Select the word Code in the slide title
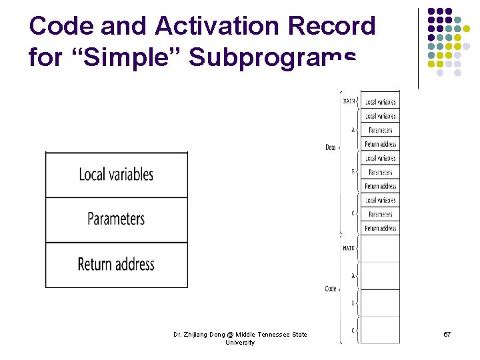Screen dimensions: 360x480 coord(61,26)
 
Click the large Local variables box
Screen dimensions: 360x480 coord(116,175)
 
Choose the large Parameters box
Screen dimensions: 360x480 coord(116,219)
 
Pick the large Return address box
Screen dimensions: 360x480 coord(116,265)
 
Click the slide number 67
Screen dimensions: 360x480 coord(447,334)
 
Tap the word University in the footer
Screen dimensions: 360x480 coord(239,343)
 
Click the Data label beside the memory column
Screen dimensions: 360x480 coord(330,147)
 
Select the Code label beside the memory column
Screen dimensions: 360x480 coord(330,289)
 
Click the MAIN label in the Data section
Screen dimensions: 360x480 coord(349,102)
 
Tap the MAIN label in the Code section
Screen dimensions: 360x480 coord(349,248)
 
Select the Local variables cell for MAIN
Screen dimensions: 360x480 coord(380,102)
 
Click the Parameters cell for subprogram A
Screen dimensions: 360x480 coord(380,130)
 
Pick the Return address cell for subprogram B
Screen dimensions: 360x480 coord(380,186)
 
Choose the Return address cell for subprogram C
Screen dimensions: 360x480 coord(380,228)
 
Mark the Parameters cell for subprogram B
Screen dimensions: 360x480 coord(380,172)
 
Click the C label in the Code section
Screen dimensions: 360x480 coord(353,331)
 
